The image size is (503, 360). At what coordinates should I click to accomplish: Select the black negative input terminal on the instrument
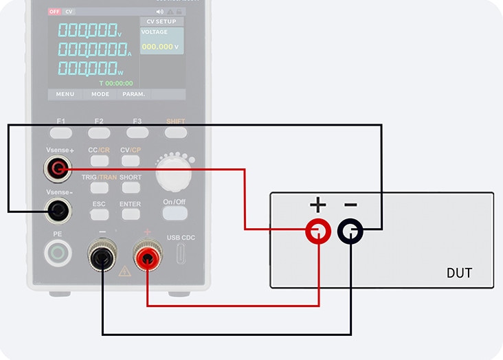(x=102, y=259)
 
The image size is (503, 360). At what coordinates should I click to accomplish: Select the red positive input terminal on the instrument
(x=146, y=258)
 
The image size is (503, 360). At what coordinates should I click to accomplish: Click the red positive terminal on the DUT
(x=318, y=233)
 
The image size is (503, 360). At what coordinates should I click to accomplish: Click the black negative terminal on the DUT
(x=350, y=233)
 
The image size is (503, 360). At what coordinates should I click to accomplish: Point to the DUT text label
(x=459, y=273)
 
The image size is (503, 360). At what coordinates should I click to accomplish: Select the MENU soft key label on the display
(x=65, y=94)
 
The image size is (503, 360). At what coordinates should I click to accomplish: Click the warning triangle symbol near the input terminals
(x=124, y=272)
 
